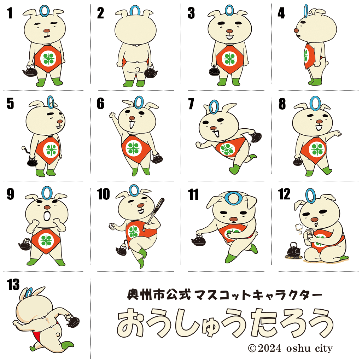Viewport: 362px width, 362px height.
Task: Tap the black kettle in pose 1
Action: point(30,71)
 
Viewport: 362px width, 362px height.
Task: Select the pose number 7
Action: point(191,104)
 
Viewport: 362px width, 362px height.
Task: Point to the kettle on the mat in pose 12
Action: point(293,250)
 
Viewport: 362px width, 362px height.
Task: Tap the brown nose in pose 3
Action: point(229,31)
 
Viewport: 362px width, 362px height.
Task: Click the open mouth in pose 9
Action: point(47,216)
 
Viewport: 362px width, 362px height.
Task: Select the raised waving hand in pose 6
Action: point(112,115)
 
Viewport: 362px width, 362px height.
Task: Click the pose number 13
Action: point(13,285)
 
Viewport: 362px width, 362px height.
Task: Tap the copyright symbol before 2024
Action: point(252,348)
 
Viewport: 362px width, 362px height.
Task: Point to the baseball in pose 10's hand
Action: point(112,226)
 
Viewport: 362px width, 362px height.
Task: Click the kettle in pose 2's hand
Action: point(151,72)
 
